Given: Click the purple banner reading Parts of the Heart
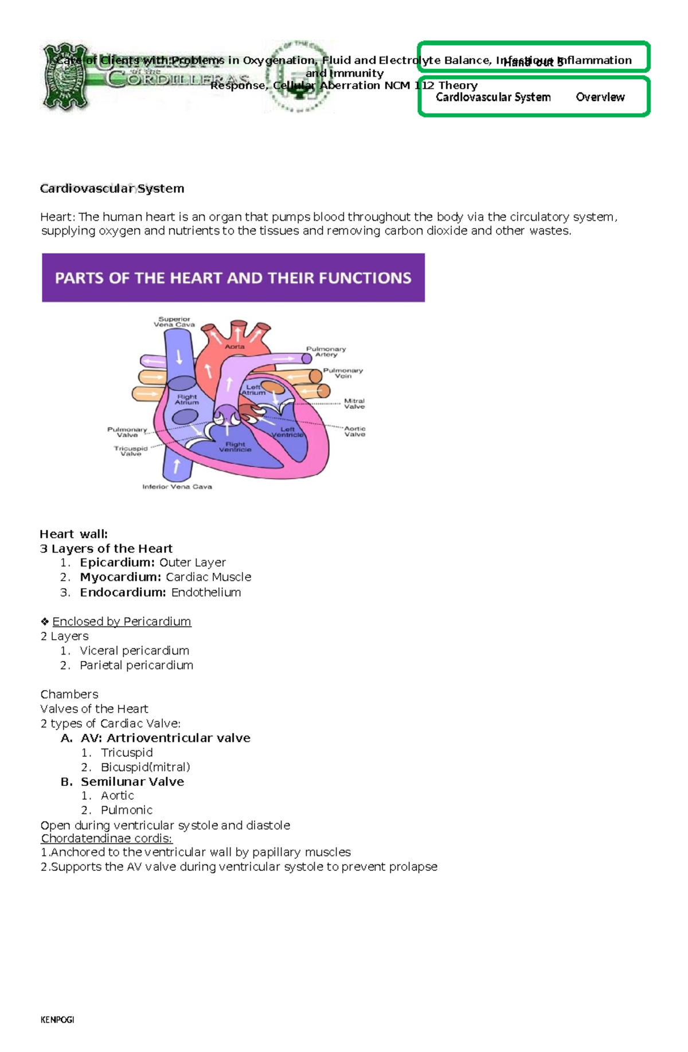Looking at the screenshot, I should click(233, 278).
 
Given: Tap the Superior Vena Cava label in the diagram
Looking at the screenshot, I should click(174, 322).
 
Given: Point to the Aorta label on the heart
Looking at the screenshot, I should click(234, 346).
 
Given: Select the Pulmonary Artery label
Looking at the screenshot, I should click(326, 351).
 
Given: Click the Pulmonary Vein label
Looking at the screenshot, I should click(343, 373).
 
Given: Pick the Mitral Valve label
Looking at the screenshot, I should click(354, 404).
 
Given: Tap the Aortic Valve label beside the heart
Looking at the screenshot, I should click(355, 431).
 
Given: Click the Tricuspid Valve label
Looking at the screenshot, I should click(131, 451).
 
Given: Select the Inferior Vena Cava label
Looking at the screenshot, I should click(177, 487).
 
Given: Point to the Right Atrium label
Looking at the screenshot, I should click(187, 400).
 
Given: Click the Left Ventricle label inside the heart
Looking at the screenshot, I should click(287, 432).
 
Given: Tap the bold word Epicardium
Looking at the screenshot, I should click(118, 562).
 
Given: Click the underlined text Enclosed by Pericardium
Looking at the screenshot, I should click(122, 621).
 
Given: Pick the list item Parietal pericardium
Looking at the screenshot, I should click(136, 665).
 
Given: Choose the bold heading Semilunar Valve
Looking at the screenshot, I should click(132, 781).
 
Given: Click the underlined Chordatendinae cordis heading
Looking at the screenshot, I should click(106, 838).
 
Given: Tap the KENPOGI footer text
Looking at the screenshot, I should click(57, 1020).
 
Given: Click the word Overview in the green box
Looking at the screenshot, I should click(600, 97).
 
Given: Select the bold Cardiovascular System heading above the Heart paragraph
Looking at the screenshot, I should click(112, 189).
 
